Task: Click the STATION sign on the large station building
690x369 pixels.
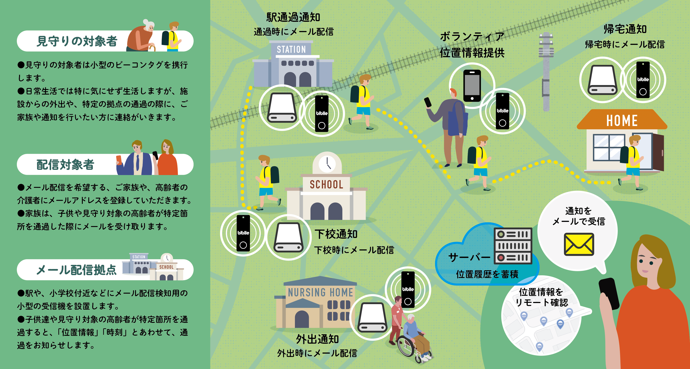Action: pyautogui.click(x=291, y=49)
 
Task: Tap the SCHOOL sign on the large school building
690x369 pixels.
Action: pyautogui.click(x=326, y=184)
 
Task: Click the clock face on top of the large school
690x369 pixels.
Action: pyautogui.click(x=327, y=164)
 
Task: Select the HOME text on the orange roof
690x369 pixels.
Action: pyautogui.click(x=622, y=121)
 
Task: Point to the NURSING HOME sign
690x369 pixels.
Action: pyautogui.click(x=320, y=292)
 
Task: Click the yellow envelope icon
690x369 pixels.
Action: pyautogui.click(x=579, y=244)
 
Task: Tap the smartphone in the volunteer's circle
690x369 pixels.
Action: pyautogui.click(x=472, y=86)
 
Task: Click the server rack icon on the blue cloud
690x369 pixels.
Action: pyautogui.click(x=513, y=246)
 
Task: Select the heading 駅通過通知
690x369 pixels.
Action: pyautogui.click(x=293, y=17)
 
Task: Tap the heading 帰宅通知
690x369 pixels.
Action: pyautogui.click(x=625, y=29)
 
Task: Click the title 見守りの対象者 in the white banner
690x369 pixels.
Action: pyautogui.click(x=77, y=41)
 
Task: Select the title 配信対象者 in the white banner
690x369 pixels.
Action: pyautogui.click(x=65, y=165)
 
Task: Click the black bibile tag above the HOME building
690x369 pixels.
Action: pyautogui.click(x=643, y=80)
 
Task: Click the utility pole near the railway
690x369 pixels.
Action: pyautogui.click(x=546, y=72)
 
